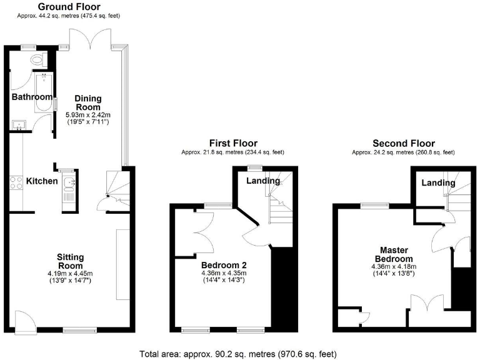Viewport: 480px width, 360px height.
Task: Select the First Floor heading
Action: click(x=232, y=143)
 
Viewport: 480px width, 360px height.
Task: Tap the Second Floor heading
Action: click(x=403, y=143)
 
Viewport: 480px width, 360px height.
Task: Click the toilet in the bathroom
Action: click(x=39, y=60)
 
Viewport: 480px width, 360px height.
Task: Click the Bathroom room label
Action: click(x=32, y=97)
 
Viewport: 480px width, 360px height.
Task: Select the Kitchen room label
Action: click(x=42, y=181)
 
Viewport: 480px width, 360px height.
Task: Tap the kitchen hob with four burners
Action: click(x=16, y=182)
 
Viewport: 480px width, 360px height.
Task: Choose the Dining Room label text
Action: click(x=88, y=103)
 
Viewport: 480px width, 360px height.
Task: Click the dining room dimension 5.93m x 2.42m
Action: click(x=88, y=115)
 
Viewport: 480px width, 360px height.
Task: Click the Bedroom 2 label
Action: click(x=223, y=263)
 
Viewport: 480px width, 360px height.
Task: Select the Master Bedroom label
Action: click(x=393, y=254)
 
